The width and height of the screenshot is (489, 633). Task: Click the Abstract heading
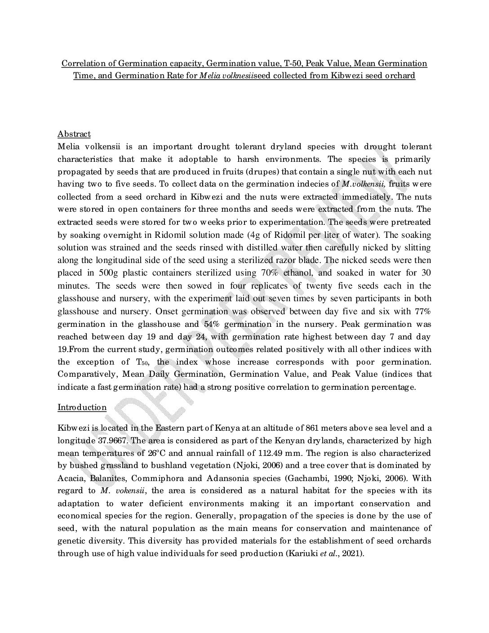point(74,134)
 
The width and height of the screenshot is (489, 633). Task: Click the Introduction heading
point(82,407)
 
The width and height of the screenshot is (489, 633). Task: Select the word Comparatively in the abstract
point(86,374)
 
